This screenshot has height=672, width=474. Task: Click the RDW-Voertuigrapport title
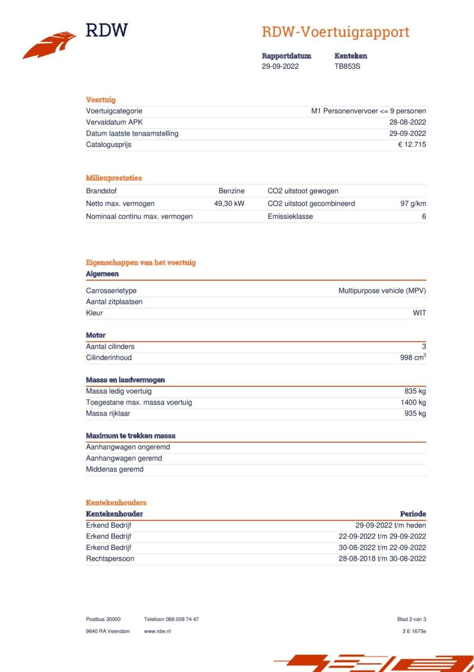[335, 32]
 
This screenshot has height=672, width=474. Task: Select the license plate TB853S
[347, 67]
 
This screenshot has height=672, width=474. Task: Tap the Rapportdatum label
[286, 56]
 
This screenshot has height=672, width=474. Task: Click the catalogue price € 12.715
[412, 145]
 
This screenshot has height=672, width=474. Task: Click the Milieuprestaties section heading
[114, 178]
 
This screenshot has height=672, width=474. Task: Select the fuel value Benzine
[231, 191]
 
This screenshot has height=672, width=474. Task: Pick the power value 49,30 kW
[229, 204]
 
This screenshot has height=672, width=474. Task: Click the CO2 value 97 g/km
[413, 204]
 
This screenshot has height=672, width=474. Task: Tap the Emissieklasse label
[290, 216]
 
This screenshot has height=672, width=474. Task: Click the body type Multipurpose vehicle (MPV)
[382, 291]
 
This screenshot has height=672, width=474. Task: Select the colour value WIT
[419, 313]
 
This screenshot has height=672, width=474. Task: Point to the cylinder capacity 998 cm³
[413, 358]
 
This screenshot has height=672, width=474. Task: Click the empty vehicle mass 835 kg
[415, 391]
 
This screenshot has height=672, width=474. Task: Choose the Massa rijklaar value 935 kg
[415, 414]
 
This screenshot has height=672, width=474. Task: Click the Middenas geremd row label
[114, 469]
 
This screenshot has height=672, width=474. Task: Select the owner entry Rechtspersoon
[110, 559]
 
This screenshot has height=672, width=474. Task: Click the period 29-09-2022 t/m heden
[391, 526]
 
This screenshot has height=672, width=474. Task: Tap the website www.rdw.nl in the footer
[157, 631]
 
